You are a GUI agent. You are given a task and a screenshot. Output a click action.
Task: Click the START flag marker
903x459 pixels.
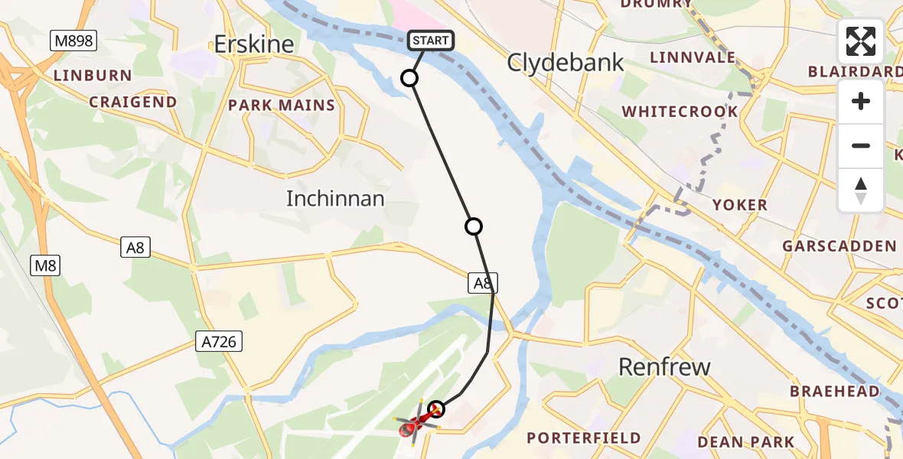pyautogui.click(x=432, y=41)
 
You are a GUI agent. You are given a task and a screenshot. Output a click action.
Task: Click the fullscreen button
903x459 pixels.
pyautogui.click(x=861, y=41)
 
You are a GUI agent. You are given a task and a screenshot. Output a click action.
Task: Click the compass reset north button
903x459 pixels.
pyautogui.click(x=861, y=190)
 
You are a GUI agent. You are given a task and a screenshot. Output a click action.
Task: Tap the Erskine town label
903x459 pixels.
pyautogui.click(x=254, y=44)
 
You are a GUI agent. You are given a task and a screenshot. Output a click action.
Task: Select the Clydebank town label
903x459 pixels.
pyautogui.click(x=566, y=63)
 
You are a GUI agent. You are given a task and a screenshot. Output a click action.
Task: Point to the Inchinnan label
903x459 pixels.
pyautogui.click(x=335, y=199)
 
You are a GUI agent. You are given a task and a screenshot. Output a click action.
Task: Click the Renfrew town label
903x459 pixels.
pyautogui.click(x=665, y=367)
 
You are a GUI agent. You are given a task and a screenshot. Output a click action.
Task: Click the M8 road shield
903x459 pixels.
pyautogui.click(x=45, y=265)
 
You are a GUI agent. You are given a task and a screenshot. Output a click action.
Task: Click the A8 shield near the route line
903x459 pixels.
pyautogui.click(x=484, y=284)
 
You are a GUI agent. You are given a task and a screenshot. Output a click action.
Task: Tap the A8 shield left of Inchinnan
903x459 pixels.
pyautogui.click(x=136, y=247)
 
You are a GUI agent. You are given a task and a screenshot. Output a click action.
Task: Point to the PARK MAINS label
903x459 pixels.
pyautogui.click(x=282, y=106)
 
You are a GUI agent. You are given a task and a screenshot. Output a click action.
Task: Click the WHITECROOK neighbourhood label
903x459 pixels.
pyautogui.click(x=680, y=112)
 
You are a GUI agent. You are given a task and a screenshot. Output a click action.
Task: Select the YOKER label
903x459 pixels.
pyautogui.click(x=739, y=205)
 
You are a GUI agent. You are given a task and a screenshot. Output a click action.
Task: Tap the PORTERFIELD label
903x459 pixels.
pyautogui.click(x=584, y=438)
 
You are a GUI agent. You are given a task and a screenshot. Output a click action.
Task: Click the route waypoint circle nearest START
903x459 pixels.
pyautogui.click(x=410, y=78)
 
